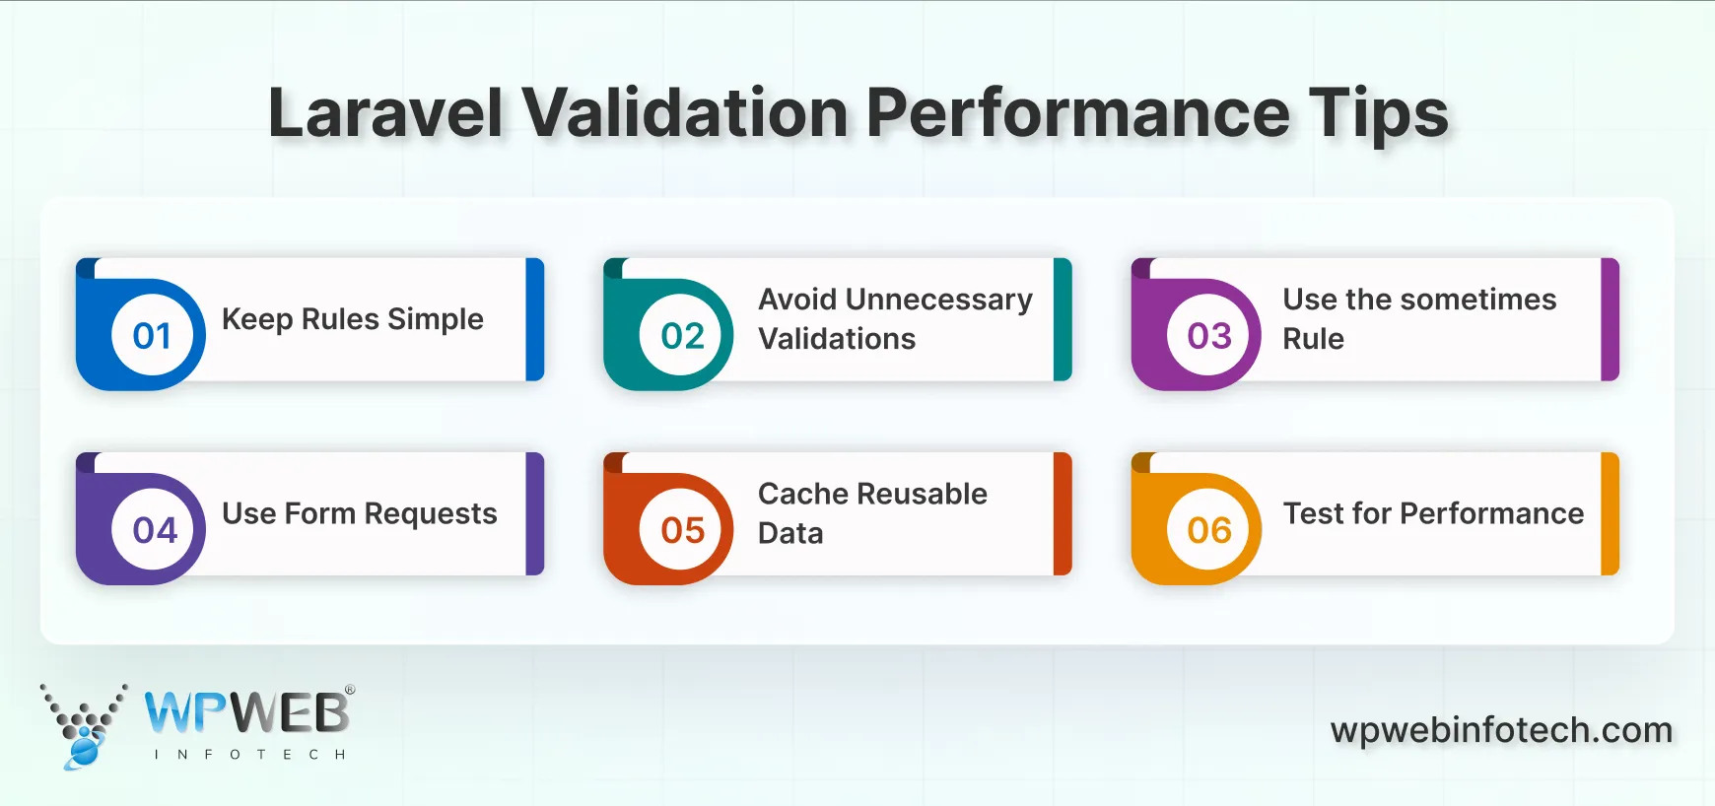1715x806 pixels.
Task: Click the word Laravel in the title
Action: click(x=385, y=113)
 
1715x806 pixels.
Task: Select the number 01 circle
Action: click(x=153, y=335)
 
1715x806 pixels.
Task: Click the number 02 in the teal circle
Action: click(x=682, y=335)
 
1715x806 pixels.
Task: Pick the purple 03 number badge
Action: click(x=1209, y=335)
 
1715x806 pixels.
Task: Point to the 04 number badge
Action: click(x=155, y=530)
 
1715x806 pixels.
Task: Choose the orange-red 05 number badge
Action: click(x=682, y=530)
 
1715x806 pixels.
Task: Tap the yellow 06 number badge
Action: click(x=1209, y=530)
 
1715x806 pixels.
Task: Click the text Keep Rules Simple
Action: click(x=353, y=319)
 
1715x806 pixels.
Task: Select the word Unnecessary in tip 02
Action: click(x=938, y=300)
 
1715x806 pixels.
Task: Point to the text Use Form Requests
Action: click(x=359, y=513)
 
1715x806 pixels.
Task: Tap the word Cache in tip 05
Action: click(x=801, y=494)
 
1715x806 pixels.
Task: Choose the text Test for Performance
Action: click(x=1433, y=513)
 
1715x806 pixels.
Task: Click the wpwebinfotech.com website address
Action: click(x=1501, y=730)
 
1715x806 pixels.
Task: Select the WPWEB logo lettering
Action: click(x=247, y=712)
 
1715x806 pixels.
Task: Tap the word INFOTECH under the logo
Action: click(x=249, y=755)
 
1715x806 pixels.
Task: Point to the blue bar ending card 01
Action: click(x=535, y=319)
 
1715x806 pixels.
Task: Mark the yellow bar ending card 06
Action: click(x=1610, y=513)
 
